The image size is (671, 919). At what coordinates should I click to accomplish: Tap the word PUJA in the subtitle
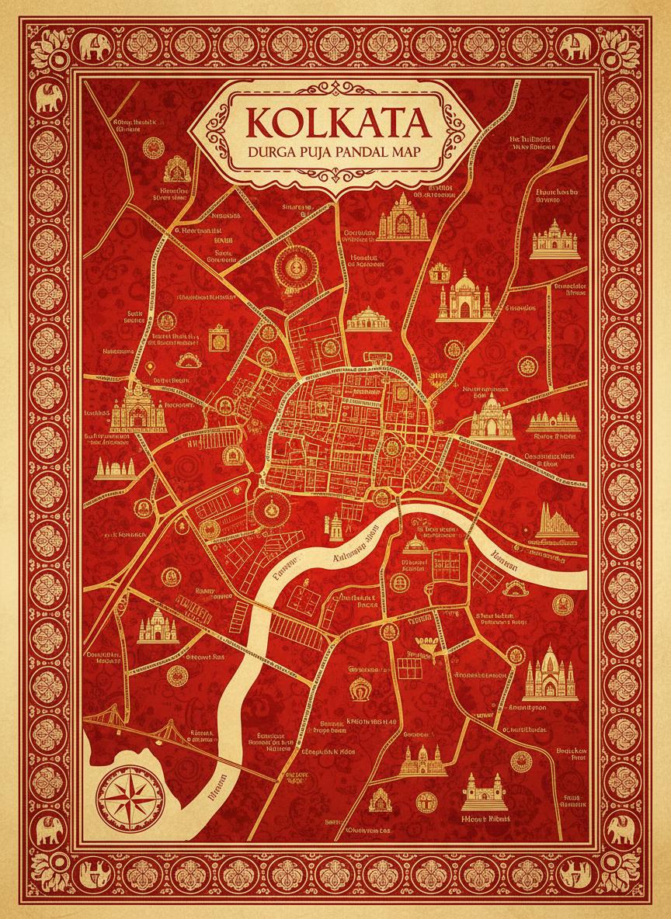[315, 153]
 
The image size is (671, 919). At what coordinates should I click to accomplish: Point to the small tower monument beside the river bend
[335, 527]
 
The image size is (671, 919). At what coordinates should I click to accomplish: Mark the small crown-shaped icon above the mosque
[439, 272]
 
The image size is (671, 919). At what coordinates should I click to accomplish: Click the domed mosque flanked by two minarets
[463, 297]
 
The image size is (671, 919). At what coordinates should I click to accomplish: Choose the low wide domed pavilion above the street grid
[367, 317]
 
